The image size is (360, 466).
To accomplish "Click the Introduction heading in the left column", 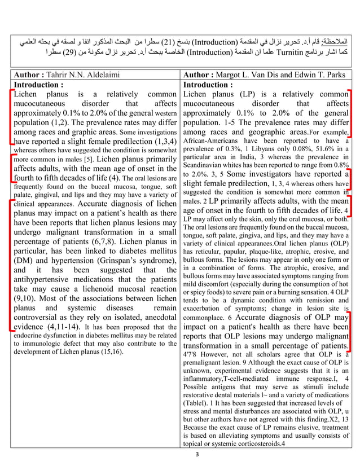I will coord(38,85).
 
